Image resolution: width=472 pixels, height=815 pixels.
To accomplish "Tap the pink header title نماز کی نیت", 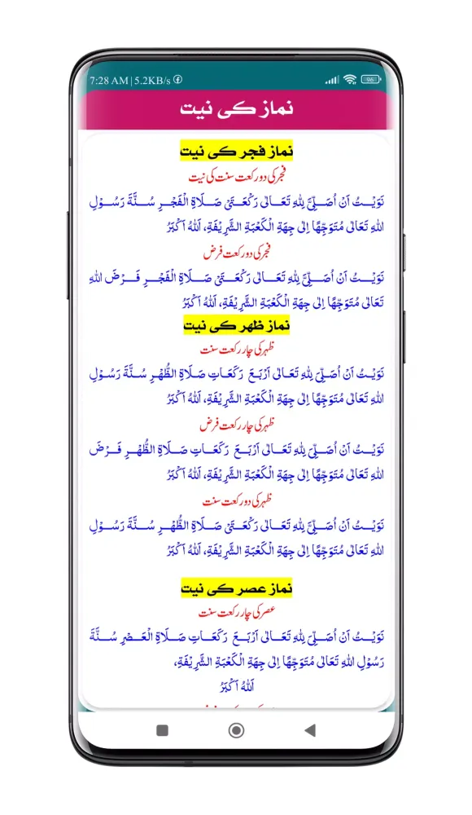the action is tap(236, 109).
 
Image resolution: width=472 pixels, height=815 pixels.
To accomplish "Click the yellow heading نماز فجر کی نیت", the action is tap(236, 151).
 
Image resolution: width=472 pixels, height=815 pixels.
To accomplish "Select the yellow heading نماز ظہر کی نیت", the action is tap(236, 326).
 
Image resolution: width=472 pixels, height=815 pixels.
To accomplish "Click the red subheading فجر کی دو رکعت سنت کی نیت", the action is tap(236, 175).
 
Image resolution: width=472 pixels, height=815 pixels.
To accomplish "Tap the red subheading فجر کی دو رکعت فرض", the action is tap(236, 253).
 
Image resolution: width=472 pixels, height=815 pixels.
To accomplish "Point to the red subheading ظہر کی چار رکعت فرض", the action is tap(236, 425).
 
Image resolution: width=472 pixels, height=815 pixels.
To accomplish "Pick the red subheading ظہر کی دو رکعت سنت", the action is tap(236, 500).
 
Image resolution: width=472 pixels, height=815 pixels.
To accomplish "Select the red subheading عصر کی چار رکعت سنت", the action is tap(236, 610).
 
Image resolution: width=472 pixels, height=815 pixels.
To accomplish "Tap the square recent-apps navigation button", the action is tap(162, 730).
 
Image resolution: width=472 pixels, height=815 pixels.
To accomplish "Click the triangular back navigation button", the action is tap(309, 730).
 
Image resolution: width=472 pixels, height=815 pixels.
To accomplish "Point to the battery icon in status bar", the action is tap(371, 80).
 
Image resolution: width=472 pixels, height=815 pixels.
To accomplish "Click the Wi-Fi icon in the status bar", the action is tap(350, 80).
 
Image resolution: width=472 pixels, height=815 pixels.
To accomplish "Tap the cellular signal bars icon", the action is tap(332, 80).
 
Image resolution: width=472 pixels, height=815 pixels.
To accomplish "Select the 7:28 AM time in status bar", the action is tap(109, 80).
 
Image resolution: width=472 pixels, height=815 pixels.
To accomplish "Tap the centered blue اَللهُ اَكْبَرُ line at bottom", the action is tap(236, 685).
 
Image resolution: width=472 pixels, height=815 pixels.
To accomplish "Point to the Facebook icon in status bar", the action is tap(178, 80).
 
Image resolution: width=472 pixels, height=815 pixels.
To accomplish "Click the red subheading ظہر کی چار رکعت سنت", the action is tap(236, 349).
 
